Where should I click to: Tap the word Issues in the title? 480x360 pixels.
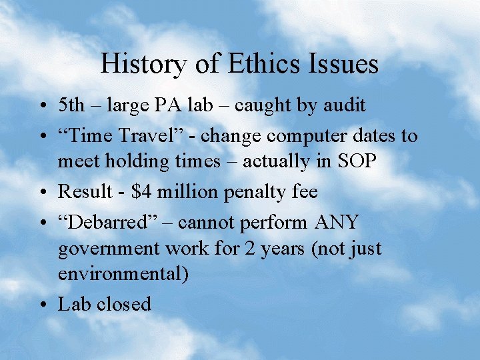(x=345, y=65)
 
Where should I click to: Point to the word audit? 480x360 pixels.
(x=344, y=105)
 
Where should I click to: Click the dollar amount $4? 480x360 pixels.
(x=141, y=192)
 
